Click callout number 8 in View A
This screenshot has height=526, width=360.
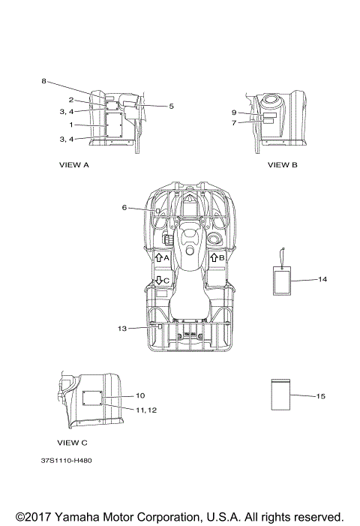click(x=43, y=81)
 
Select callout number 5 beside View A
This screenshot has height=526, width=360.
click(x=171, y=107)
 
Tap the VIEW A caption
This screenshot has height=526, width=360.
click(x=74, y=165)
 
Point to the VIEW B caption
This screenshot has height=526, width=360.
click(x=283, y=165)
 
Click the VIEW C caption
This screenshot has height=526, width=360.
click(x=73, y=443)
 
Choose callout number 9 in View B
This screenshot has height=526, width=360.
click(x=234, y=113)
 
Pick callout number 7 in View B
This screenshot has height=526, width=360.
click(x=234, y=123)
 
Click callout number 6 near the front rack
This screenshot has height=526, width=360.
click(x=124, y=208)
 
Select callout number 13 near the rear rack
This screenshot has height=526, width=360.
click(x=122, y=329)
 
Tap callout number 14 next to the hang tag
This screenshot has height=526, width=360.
click(x=322, y=279)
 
